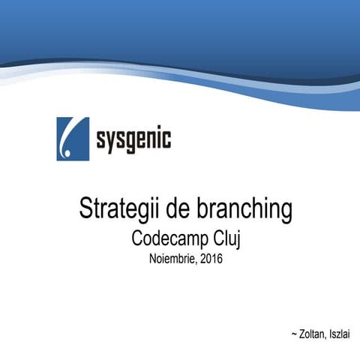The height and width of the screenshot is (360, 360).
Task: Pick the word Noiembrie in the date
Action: coord(170,260)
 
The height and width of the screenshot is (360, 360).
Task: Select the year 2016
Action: coord(211,260)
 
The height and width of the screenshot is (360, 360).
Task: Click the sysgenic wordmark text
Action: coord(133,139)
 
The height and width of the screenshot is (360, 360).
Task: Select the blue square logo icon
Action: coord(72,139)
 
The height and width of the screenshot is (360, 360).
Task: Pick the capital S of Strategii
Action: coord(85,209)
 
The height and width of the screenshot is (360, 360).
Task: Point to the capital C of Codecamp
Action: coord(137,239)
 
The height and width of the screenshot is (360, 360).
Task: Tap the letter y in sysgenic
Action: coord(113,141)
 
